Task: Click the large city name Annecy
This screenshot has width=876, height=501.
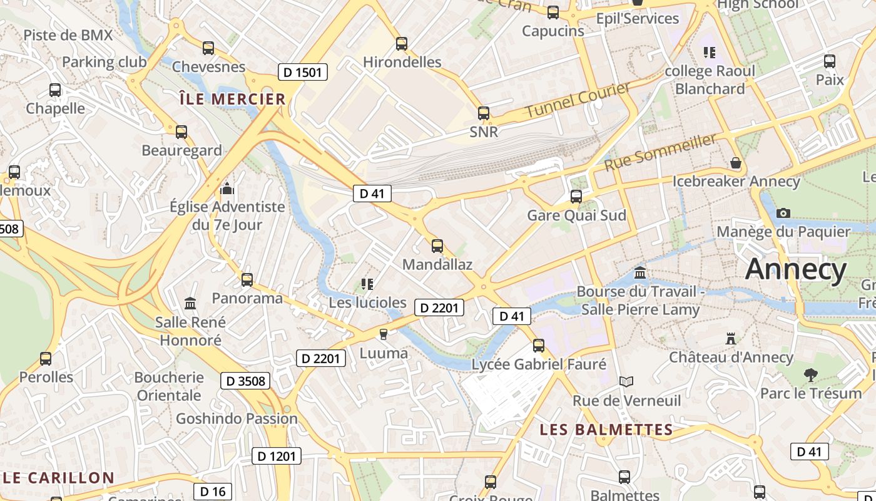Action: tap(795, 269)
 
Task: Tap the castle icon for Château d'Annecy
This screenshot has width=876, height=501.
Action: tap(730, 339)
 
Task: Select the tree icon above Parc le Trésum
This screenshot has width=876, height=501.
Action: tap(810, 375)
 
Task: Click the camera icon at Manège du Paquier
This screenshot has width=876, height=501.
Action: tap(783, 213)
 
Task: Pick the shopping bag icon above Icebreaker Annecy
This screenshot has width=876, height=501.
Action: tap(736, 163)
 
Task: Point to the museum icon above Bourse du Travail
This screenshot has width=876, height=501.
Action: tap(640, 273)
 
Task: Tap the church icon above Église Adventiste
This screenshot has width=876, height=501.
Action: tap(227, 188)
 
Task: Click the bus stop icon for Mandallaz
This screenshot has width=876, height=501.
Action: tap(437, 246)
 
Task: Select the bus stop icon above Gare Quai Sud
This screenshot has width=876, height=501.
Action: tap(576, 197)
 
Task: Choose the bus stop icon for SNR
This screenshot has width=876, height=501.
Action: tap(484, 113)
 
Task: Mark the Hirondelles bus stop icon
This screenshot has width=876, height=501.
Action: tap(402, 44)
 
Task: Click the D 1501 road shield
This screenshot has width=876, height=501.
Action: tap(302, 72)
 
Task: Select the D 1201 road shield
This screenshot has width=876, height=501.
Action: tap(277, 456)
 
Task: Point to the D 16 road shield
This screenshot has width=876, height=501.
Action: tap(213, 492)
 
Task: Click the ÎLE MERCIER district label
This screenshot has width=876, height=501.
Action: tap(232, 99)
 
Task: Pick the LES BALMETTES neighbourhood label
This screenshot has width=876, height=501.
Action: tap(606, 430)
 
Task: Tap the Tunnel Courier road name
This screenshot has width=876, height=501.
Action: tap(578, 100)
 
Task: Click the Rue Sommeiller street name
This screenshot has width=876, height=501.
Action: tap(660, 152)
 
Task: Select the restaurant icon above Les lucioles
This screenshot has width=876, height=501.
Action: tap(367, 284)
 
